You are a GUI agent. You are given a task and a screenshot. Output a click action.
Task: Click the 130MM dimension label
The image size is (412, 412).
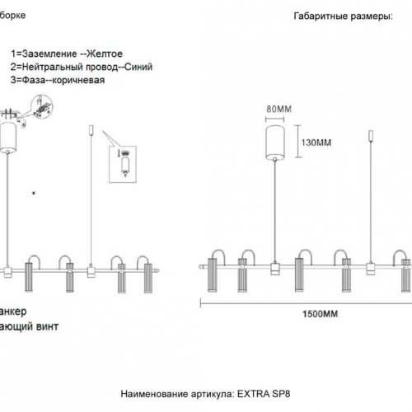tap(314, 143)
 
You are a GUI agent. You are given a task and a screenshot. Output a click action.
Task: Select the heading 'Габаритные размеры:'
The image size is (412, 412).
tap(338, 17)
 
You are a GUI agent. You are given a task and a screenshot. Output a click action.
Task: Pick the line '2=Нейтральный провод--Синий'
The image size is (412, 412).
tap(82, 67)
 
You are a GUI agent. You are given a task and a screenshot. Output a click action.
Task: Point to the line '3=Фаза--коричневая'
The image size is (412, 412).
tap(57, 81)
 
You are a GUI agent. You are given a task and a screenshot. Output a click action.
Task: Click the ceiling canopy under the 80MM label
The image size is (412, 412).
tap(277, 142)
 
